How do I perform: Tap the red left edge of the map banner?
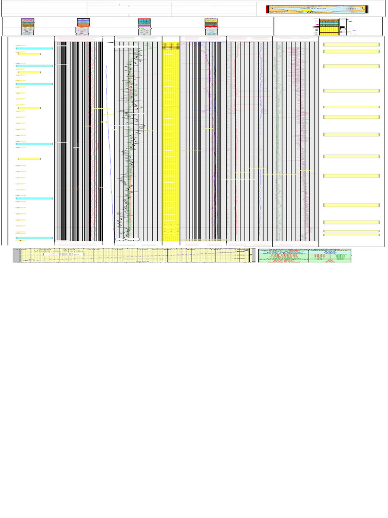(x=267, y=9)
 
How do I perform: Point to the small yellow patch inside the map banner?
(x=306, y=11)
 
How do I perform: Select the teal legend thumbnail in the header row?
(x=144, y=22)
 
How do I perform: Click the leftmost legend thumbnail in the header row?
(x=28, y=22)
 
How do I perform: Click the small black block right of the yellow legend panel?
(x=342, y=28)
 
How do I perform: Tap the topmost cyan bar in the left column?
(x=34, y=49)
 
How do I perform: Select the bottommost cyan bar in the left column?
(x=34, y=238)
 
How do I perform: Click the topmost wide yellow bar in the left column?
(x=29, y=54)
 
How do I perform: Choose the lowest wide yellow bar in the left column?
(x=29, y=159)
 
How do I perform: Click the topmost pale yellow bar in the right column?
(x=351, y=45)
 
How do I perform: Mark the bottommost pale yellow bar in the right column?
(x=351, y=235)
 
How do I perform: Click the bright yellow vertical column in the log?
(x=171, y=142)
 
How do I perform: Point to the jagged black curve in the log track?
(x=129, y=142)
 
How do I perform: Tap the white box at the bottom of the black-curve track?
(x=128, y=238)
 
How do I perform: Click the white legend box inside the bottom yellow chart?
(x=57, y=255)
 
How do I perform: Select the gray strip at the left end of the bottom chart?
(x=16, y=255)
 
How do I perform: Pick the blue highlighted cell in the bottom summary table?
(x=331, y=251)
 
